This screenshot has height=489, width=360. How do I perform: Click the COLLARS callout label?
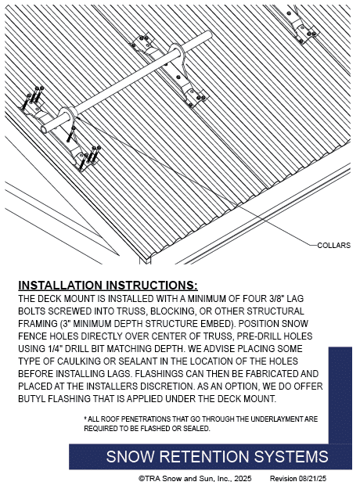click(334, 246)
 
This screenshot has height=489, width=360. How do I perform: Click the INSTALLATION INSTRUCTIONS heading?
click(108, 286)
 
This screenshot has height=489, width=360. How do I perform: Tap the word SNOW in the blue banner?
click(130, 457)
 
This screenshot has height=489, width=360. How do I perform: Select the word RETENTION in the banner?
click(204, 457)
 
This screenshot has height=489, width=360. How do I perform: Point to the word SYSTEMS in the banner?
click(291, 457)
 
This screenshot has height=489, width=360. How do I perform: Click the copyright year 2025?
click(243, 478)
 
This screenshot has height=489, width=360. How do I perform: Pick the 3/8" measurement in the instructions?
click(275, 298)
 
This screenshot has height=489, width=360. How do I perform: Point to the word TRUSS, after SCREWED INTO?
click(131, 311)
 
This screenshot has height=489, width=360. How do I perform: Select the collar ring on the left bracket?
click(68, 116)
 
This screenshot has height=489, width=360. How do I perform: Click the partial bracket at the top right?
click(299, 26)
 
